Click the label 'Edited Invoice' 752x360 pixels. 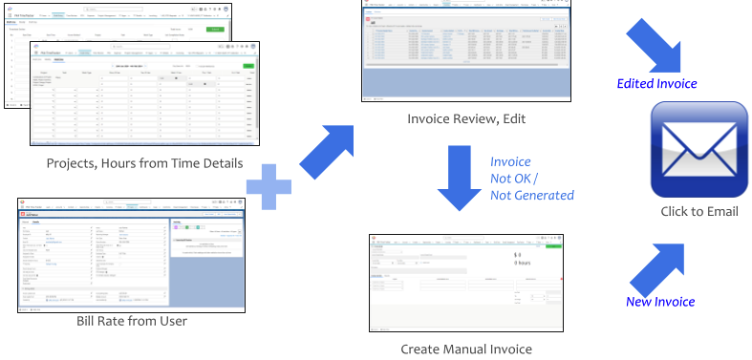657,84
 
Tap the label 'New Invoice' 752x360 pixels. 660,302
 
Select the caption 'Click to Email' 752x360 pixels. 699,211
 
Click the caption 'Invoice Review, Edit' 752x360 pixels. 467,119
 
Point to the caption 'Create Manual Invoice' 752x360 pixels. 466,349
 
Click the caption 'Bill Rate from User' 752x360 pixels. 132,321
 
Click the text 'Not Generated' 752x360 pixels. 532,195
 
